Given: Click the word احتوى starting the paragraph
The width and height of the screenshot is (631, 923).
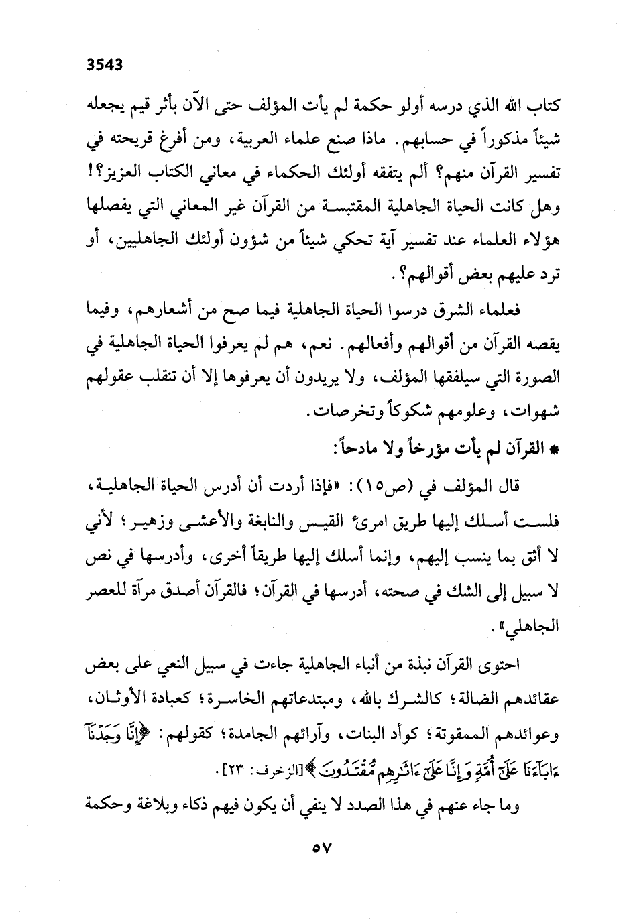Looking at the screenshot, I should pyautogui.click(x=508, y=666).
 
